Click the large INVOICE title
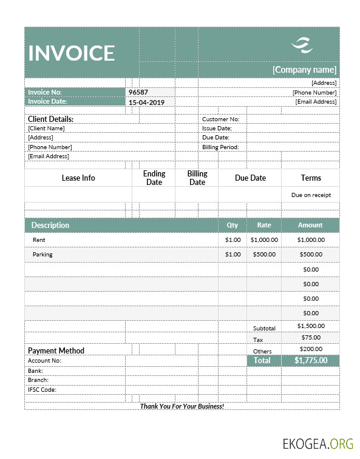(x=72, y=53)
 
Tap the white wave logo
(x=301, y=44)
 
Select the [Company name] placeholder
(x=304, y=70)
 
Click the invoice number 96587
(x=138, y=92)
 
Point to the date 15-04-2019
(x=146, y=102)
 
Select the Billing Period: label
(x=220, y=147)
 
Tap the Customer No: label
(x=220, y=119)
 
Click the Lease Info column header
(x=78, y=178)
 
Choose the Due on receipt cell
(x=311, y=195)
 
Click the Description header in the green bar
(x=50, y=225)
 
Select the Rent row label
(x=39, y=240)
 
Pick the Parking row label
(x=42, y=254)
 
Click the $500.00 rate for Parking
(x=264, y=254)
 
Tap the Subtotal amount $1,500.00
(x=311, y=326)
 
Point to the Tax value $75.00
(x=311, y=337)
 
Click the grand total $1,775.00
(x=311, y=360)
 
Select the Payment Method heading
(x=56, y=350)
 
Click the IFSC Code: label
(x=42, y=389)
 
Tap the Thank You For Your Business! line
(x=182, y=406)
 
